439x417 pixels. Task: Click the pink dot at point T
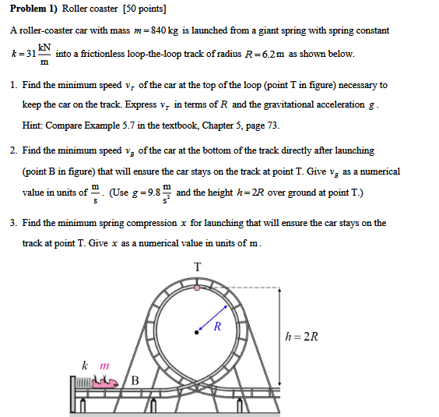197,288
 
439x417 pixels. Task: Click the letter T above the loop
197,267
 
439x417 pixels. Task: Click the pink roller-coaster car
105,380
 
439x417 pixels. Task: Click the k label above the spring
84,365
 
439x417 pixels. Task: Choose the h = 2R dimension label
302,337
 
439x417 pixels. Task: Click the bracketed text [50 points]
142,9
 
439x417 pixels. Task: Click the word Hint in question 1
33,125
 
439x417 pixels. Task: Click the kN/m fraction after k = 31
44,55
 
